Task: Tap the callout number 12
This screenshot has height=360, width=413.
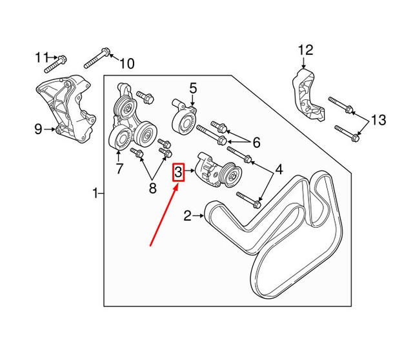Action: (x=305, y=50)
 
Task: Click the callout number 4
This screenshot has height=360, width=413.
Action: (x=279, y=170)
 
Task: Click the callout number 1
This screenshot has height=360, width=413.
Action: (x=96, y=192)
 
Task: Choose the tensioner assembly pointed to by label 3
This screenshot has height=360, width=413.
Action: (x=217, y=171)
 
